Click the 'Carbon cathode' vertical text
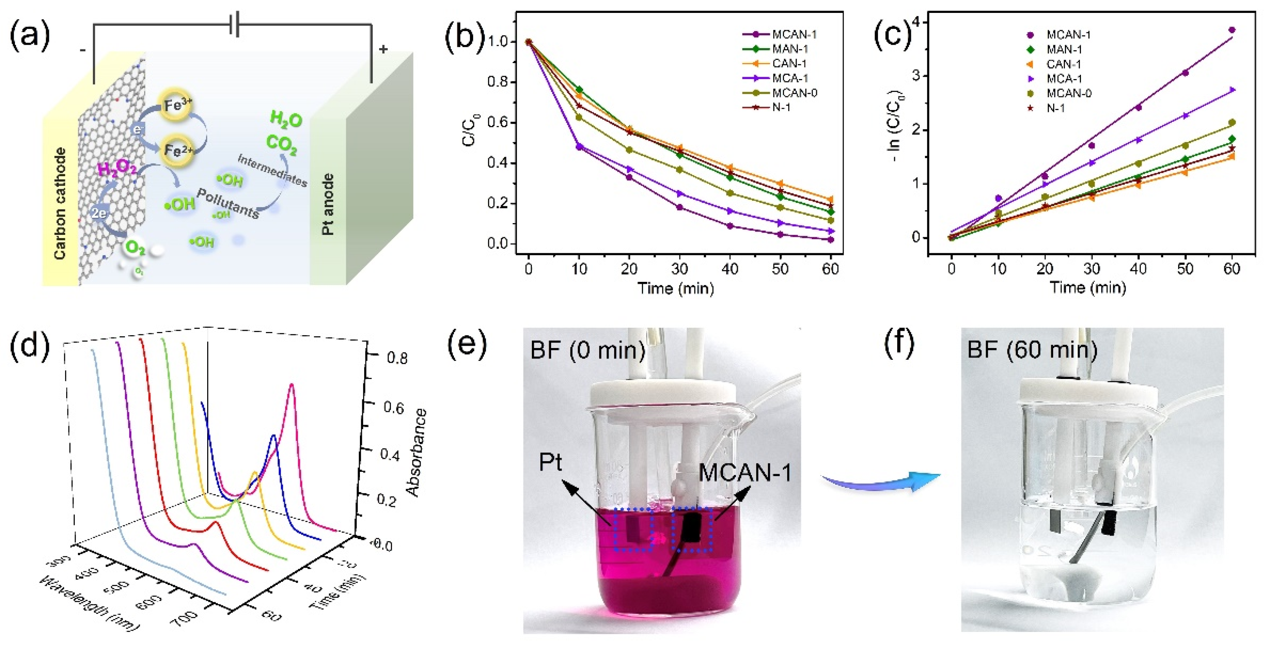click(60, 203)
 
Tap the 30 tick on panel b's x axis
click(679, 269)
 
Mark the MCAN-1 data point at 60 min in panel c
click(1232, 30)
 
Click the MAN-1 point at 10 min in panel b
click(580, 90)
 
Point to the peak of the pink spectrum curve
click(292, 385)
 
